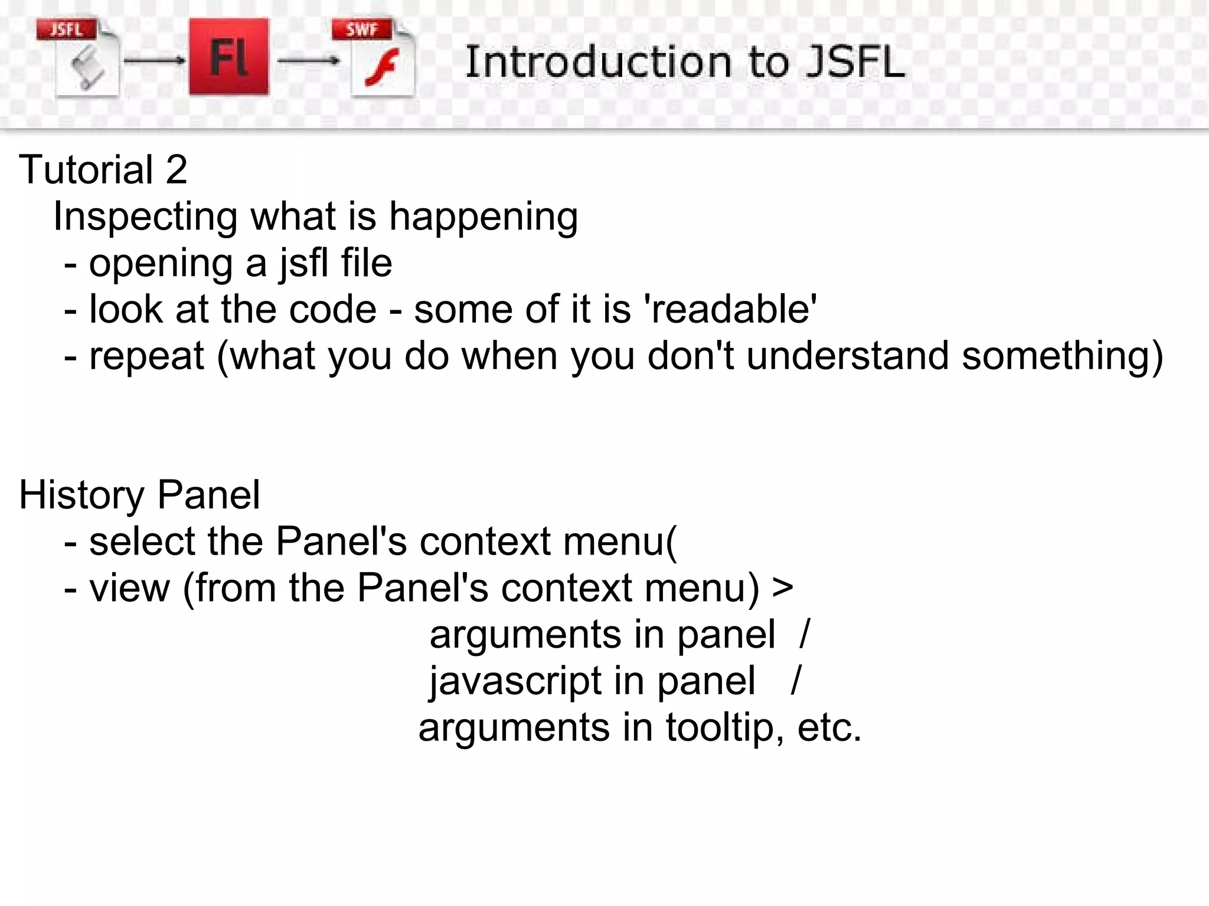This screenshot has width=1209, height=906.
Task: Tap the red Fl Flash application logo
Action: click(x=229, y=57)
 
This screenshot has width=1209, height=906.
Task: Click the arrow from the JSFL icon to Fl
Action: click(x=155, y=61)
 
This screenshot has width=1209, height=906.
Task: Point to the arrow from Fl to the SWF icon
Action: click(x=308, y=61)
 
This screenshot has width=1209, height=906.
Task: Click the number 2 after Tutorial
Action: click(x=176, y=170)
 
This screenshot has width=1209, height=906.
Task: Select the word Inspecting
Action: click(x=145, y=217)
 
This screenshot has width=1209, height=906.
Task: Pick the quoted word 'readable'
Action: click(x=733, y=309)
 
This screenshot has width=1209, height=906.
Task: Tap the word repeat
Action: click(x=146, y=357)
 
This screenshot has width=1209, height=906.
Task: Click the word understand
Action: click(x=847, y=356)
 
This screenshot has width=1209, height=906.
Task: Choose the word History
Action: click(x=81, y=495)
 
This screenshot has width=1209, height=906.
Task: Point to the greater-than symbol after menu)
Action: click(x=782, y=588)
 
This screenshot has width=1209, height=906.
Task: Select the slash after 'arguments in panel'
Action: click(x=805, y=635)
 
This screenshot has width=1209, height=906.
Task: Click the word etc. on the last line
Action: click(x=829, y=727)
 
